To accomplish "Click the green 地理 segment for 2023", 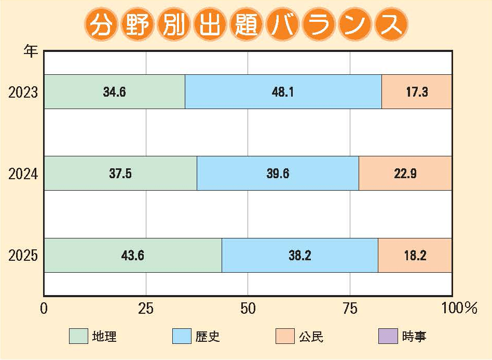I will click(x=114, y=92).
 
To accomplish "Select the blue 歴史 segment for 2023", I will click(x=283, y=92).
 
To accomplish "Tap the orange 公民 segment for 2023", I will click(x=417, y=92).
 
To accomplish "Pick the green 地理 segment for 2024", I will click(x=120, y=174).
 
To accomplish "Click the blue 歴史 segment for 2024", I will click(x=278, y=174).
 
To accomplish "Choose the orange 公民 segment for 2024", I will click(x=405, y=174).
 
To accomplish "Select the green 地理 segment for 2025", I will click(x=133, y=255).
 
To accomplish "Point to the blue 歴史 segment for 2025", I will click(x=300, y=255).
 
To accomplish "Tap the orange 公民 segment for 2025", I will click(x=415, y=255).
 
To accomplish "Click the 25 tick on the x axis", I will click(x=146, y=309).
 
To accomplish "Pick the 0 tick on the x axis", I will click(x=44, y=309).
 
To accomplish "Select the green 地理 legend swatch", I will click(x=78, y=337).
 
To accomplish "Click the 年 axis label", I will click(x=31, y=52).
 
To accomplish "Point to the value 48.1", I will click(x=283, y=92).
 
